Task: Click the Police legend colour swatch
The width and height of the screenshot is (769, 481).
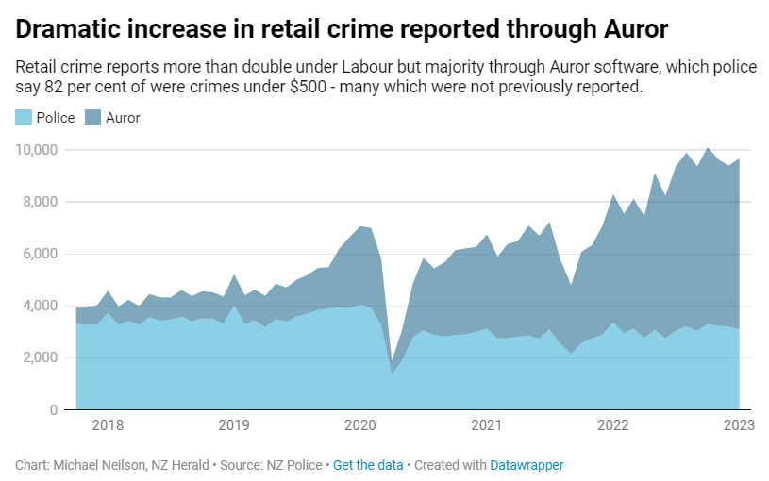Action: coord(24,118)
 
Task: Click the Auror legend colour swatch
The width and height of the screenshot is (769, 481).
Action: coord(93,118)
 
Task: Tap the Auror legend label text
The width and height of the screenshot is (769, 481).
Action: coord(123,118)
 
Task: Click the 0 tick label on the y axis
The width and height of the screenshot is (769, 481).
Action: coord(55,409)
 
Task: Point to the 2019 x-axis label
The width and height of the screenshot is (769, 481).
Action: coord(233,425)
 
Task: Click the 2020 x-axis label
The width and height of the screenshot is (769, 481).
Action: coord(359,425)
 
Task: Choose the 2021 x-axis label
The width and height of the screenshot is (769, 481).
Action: coord(486,425)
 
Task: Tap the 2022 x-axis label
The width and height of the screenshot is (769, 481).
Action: coord(612,425)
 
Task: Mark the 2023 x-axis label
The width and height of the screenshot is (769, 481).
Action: coord(739,425)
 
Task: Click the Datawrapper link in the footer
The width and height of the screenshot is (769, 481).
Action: coord(527,465)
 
